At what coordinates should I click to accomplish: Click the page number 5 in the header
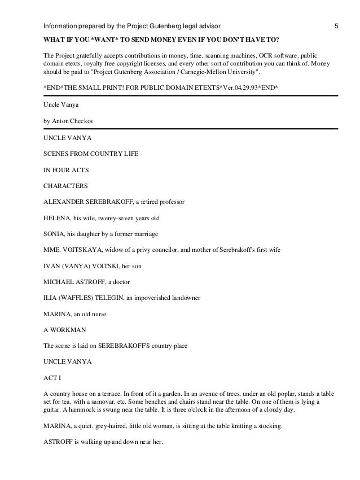pos(336,27)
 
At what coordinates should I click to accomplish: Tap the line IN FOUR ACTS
pos(64,169)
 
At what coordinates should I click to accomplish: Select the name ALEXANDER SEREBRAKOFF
pos(87,201)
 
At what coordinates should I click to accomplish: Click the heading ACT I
pos(52,377)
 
